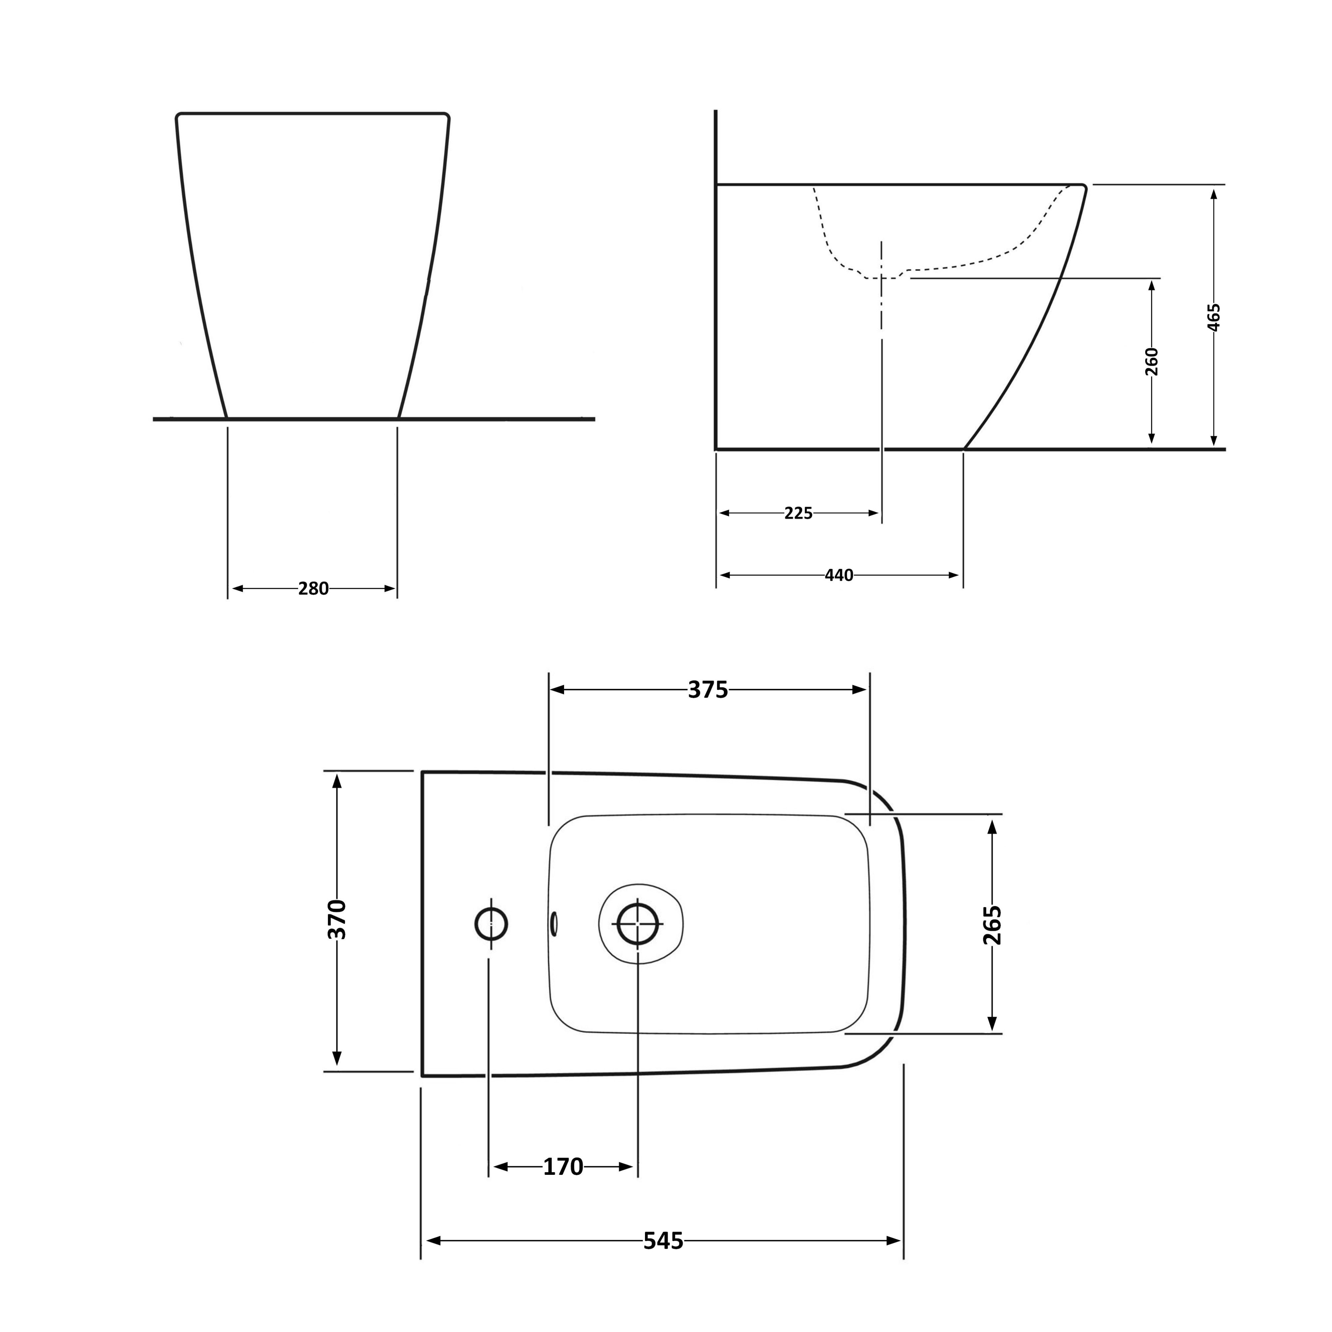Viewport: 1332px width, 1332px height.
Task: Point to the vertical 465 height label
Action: coord(1214,317)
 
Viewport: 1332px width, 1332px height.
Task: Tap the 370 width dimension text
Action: coord(337,920)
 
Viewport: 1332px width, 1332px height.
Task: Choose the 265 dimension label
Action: coord(992,925)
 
